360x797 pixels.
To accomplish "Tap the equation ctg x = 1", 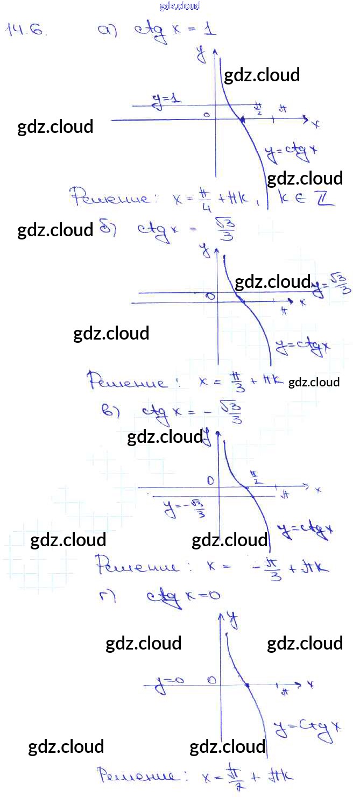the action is [x=175, y=29].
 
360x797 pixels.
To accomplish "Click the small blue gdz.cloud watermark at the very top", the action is [x=180, y=6].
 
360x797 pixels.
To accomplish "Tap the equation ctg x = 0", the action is [x=183, y=596].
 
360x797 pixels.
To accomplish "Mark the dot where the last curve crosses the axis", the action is [x=246, y=686].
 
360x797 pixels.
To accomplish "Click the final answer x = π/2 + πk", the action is [x=248, y=777].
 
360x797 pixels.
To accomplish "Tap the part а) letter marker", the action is [x=107, y=31].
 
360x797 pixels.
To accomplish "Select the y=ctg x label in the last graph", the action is [x=307, y=728].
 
